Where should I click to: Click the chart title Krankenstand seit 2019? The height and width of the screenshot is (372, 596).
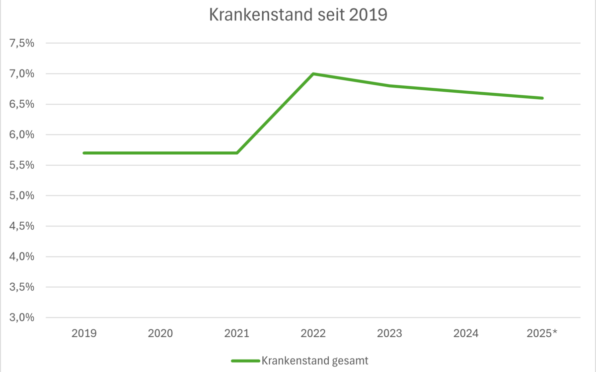tap(298, 15)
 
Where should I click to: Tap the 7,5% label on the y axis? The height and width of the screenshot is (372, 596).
tap(22, 43)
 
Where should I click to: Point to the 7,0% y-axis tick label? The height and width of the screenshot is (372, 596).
tap(22, 74)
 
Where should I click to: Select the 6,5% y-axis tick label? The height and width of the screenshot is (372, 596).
tap(22, 104)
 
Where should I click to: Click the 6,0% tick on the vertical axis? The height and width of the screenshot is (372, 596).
tap(22, 135)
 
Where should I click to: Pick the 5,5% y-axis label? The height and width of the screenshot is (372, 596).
tap(22, 165)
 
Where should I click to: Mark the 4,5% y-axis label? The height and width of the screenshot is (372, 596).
tap(22, 226)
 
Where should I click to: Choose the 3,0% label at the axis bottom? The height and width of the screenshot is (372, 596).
tap(22, 317)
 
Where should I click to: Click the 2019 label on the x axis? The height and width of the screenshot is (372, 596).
tap(84, 333)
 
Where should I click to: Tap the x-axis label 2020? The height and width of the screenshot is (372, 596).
tap(160, 333)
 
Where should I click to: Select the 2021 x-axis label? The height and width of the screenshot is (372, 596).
tap(237, 333)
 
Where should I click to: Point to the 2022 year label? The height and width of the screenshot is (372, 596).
tap(313, 333)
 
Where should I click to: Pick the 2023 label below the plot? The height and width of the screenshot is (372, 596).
tap(390, 333)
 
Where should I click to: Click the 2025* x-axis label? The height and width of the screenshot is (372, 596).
tap(543, 333)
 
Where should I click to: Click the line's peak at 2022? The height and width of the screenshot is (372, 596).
tap(313, 74)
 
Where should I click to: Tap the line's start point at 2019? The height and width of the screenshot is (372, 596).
tap(84, 153)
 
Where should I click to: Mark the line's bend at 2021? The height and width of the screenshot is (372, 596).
tap(237, 153)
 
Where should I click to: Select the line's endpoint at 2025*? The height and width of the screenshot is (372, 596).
tap(543, 98)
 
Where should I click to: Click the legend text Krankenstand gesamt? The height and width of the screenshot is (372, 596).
tap(315, 361)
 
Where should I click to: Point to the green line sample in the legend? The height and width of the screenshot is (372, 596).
tap(245, 361)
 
